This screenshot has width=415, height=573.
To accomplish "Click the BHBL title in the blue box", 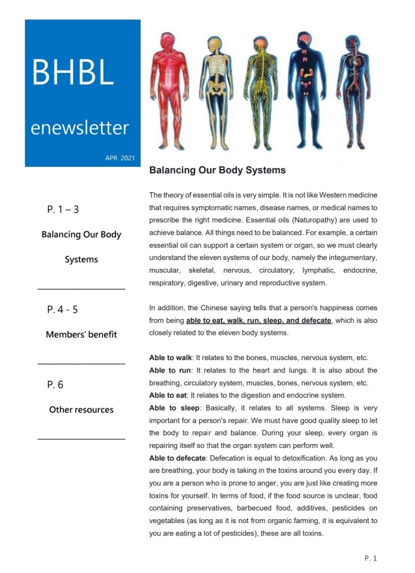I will click(x=73, y=72).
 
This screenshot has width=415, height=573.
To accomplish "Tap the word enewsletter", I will click(x=80, y=128).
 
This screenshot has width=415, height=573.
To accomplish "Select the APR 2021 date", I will click(x=119, y=158).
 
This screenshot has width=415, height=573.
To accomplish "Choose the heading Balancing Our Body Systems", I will click(x=217, y=170).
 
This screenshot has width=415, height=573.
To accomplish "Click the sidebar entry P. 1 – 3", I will click(x=63, y=210).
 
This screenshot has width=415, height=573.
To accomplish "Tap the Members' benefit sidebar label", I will click(x=81, y=334).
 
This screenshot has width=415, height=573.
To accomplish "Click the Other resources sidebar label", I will click(x=81, y=409).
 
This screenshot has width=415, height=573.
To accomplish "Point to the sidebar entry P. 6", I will click(x=55, y=385).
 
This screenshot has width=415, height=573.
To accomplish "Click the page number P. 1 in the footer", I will click(x=371, y=558).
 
